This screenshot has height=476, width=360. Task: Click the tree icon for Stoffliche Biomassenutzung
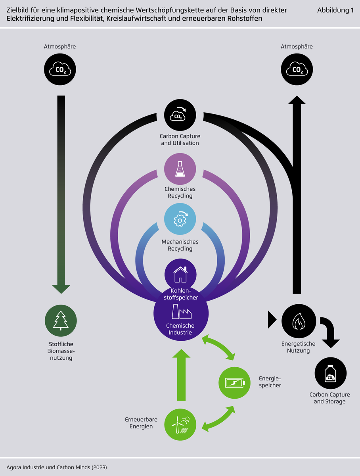click(x=61, y=321)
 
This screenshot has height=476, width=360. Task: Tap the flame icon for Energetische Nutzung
click(x=299, y=321)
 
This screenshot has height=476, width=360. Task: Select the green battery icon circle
click(x=235, y=383)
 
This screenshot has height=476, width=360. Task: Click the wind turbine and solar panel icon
click(x=180, y=425)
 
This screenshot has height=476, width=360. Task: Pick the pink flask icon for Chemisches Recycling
click(x=180, y=169)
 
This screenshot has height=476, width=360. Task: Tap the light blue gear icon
click(x=180, y=219)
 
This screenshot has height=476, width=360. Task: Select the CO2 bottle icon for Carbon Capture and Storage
click(x=330, y=374)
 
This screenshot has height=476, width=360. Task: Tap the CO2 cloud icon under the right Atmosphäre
click(x=297, y=70)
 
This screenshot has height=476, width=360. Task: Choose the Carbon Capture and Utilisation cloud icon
click(x=180, y=115)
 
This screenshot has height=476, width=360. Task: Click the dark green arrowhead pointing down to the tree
click(x=61, y=288)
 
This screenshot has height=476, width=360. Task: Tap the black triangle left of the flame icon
click(x=272, y=320)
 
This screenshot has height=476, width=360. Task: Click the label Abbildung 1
click(x=335, y=11)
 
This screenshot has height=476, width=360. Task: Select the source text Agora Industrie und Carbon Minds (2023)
click(x=57, y=467)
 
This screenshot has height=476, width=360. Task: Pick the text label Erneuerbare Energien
click(x=141, y=423)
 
